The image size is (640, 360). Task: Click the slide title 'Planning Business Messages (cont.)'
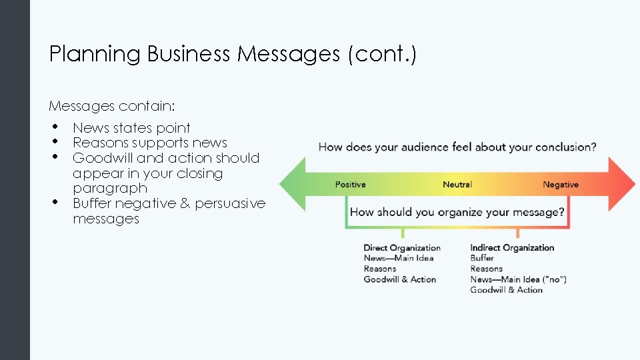point(233,54)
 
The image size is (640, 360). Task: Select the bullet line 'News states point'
point(131,128)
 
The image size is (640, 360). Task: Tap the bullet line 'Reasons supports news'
point(149,143)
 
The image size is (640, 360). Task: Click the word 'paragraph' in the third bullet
point(110,188)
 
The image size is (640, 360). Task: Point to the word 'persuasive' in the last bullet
point(230,203)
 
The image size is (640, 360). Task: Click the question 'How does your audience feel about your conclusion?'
point(457,147)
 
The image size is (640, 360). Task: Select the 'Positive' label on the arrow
point(350,185)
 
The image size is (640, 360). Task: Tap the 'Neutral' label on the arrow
point(457,185)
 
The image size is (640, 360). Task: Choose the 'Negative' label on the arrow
point(560,185)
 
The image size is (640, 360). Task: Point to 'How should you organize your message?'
point(457,213)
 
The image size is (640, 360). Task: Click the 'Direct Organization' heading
point(402,248)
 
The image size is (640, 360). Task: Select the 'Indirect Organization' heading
point(512,248)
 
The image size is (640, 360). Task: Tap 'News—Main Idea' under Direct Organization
point(398,258)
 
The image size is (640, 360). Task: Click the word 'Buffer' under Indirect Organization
point(482,258)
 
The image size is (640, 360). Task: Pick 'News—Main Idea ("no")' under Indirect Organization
point(518,279)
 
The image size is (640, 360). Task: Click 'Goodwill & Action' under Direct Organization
point(399,279)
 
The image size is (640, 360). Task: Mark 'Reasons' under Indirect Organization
point(486,269)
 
